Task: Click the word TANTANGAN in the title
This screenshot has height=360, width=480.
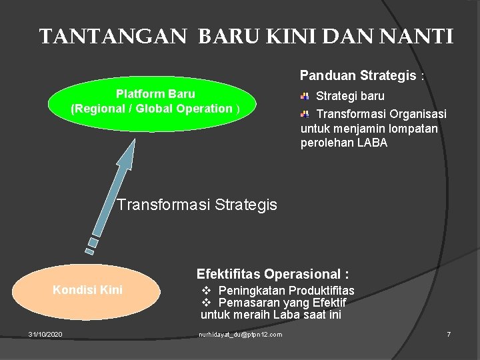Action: pyautogui.click(x=113, y=36)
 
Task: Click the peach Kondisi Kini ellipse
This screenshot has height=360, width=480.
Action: pyautogui.click(x=88, y=291)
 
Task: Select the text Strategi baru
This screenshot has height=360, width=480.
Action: pyautogui.click(x=350, y=96)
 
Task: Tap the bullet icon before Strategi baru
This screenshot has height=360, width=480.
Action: pyautogui.click(x=304, y=96)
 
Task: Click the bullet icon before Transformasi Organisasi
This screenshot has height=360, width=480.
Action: pyautogui.click(x=304, y=114)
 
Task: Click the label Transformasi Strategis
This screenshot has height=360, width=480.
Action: pyautogui.click(x=197, y=205)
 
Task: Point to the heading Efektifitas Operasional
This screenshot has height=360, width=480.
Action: pyautogui.click(x=273, y=274)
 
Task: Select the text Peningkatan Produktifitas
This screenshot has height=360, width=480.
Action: pyautogui.click(x=286, y=291)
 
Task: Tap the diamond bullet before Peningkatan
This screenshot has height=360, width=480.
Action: pyautogui.click(x=207, y=291)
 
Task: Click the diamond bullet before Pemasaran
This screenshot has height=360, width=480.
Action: pyautogui.click(x=207, y=303)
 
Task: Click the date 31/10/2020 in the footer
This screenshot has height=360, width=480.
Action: pyautogui.click(x=45, y=334)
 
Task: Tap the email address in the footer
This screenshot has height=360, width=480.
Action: pyautogui.click(x=240, y=334)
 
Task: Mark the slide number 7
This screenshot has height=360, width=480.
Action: pyautogui.click(x=449, y=334)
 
